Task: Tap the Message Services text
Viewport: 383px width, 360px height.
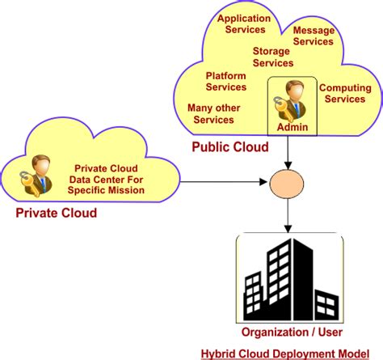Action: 313,36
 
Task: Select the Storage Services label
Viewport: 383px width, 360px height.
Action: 274,57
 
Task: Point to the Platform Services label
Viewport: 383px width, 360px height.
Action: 225,82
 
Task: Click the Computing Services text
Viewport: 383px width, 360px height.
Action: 344,93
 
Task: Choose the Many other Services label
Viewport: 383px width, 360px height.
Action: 211,113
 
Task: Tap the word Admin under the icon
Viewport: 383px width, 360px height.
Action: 291,128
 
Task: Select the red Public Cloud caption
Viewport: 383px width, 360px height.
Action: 228,149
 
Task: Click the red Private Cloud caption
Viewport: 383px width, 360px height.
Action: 57,214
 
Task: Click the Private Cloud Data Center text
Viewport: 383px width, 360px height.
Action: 108,180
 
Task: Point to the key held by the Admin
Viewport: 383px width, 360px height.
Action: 280,105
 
